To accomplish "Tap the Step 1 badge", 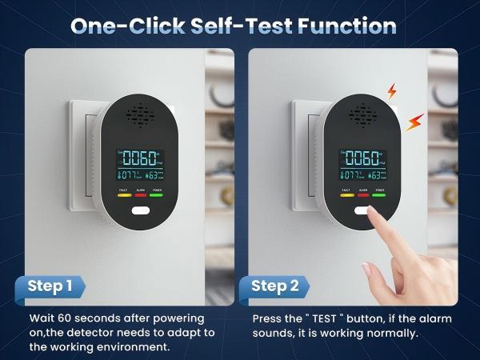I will tap(50, 286).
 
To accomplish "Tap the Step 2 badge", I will tap(274, 286).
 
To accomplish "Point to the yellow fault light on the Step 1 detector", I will tap(124, 194).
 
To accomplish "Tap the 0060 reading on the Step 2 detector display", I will tap(364, 155).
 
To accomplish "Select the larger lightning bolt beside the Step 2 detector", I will tap(414, 122).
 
